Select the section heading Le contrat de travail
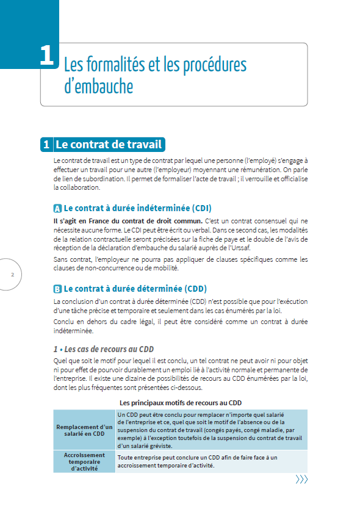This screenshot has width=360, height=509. pyautogui.click(x=109, y=145)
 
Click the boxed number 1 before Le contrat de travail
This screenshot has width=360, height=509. pyautogui.click(x=46, y=145)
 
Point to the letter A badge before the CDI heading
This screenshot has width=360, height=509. pyautogui.click(x=57, y=208)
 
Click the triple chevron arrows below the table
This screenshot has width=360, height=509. pyautogui.click(x=301, y=479)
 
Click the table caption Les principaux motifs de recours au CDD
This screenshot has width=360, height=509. pyautogui.click(x=181, y=403)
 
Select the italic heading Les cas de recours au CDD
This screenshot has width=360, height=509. pyautogui.click(x=104, y=349)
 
